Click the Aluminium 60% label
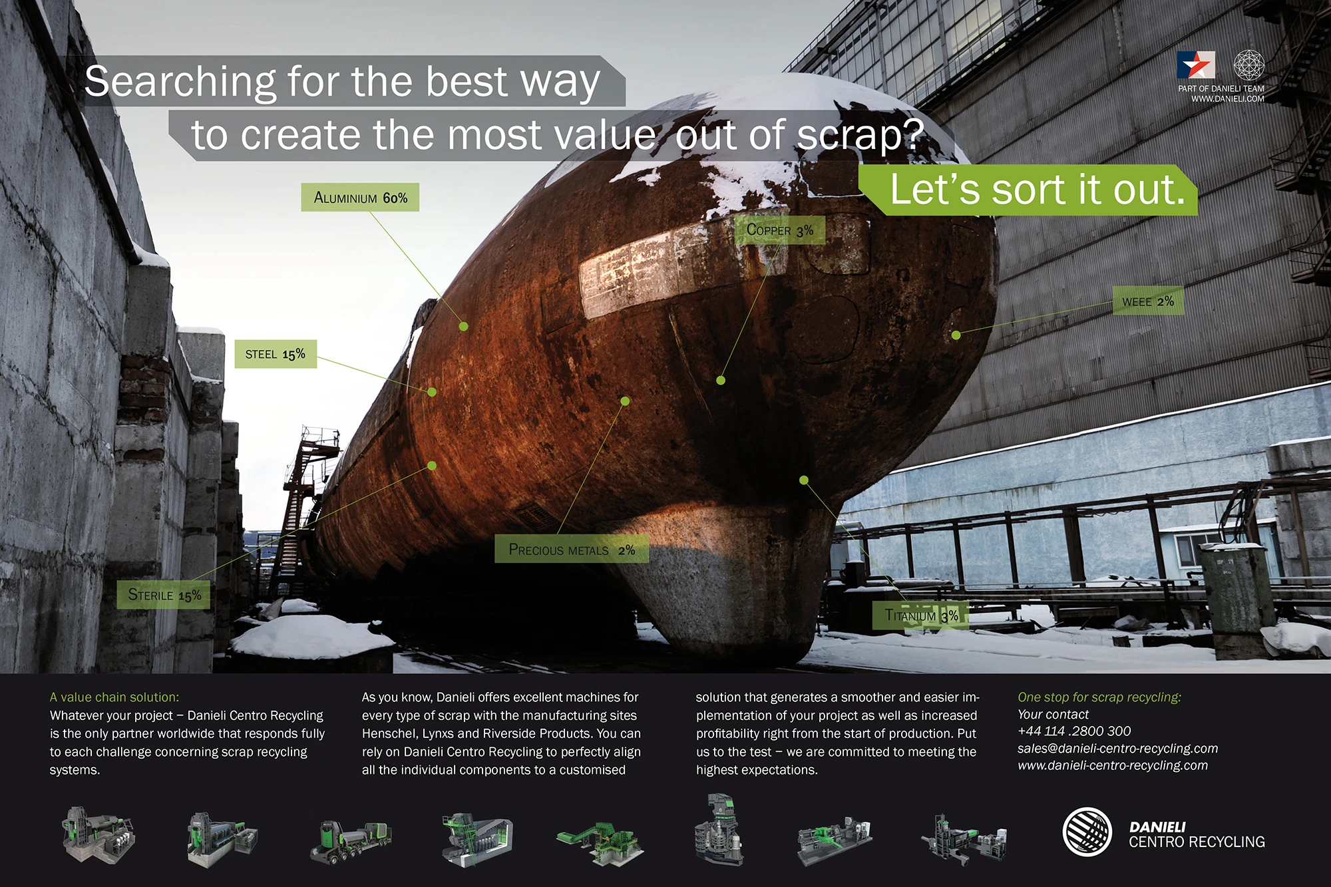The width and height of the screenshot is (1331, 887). pos(360,198)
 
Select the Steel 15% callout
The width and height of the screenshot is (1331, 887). pos(276,354)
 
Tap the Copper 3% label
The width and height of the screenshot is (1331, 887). pos(779,230)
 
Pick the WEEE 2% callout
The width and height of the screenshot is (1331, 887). pos(1148,301)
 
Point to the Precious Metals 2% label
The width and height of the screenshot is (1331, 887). pos(572,550)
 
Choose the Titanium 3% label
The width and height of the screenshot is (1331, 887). pos(920,616)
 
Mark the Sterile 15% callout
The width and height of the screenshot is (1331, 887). pos(164,595)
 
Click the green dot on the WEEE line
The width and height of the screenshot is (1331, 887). pos(956,335)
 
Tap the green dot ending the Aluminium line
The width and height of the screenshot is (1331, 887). pos(464,326)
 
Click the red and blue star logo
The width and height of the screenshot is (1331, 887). pos(1195,65)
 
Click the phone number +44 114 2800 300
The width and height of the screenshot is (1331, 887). pos(1074,731)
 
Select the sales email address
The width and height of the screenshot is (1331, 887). pos(1117,749)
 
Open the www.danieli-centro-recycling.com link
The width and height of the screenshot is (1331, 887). pos(1113,766)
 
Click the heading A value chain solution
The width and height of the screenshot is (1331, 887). pos(114,697)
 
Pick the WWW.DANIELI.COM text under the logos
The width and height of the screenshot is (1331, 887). pos(1228,98)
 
